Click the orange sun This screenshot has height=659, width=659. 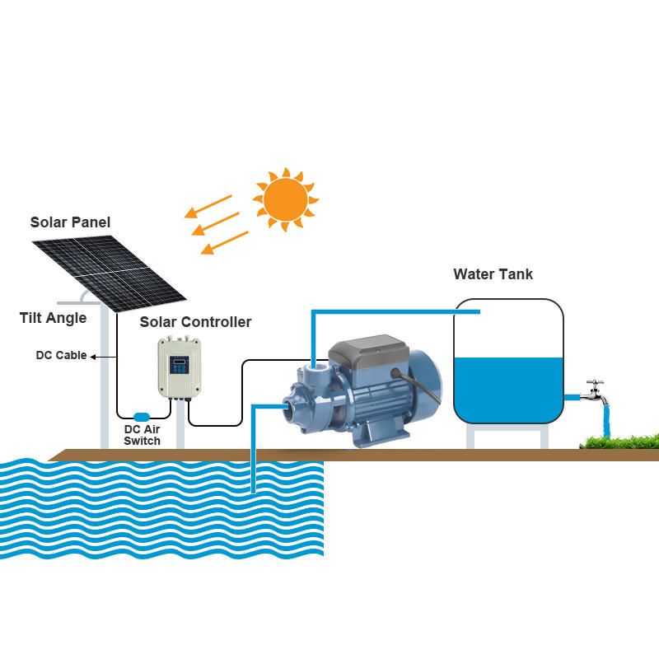click(x=285, y=199)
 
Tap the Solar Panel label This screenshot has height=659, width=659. click(x=70, y=222)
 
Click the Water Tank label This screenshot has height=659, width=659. click(x=493, y=274)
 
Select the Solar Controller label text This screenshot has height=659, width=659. click(x=195, y=322)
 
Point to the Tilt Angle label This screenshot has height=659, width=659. click(x=53, y=318)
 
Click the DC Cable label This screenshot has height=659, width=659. click(x=61, y=356)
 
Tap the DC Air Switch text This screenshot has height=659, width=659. click(x=142, y=435)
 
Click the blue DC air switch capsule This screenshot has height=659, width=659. click(x=142, y=417)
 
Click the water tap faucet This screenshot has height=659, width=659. click(x=594, y=392)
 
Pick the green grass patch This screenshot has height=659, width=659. click(x=619, y=443)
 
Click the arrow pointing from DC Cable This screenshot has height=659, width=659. click(x=94, y=357)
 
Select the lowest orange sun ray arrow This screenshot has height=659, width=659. click(x=224, y=242)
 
